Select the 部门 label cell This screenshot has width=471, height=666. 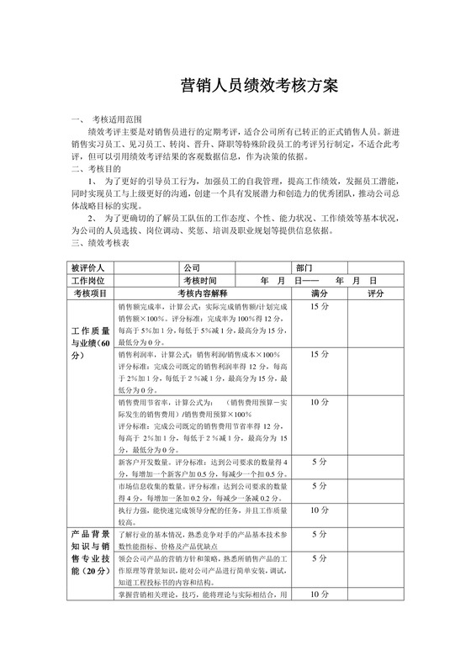tap(304, 267)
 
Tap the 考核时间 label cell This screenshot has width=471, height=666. tap(200, 280)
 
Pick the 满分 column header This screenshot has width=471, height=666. tap(319, 293)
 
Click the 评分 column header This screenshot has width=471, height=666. tap(375, 293)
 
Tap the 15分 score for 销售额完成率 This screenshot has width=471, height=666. tap(319, 308)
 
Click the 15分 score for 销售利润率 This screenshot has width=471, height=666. tap(319, 355)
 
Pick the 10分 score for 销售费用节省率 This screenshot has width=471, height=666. tap(319, 403)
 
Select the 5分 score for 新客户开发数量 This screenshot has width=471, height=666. tap(319, 462)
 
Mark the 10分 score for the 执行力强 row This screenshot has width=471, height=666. tap(319, 510)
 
